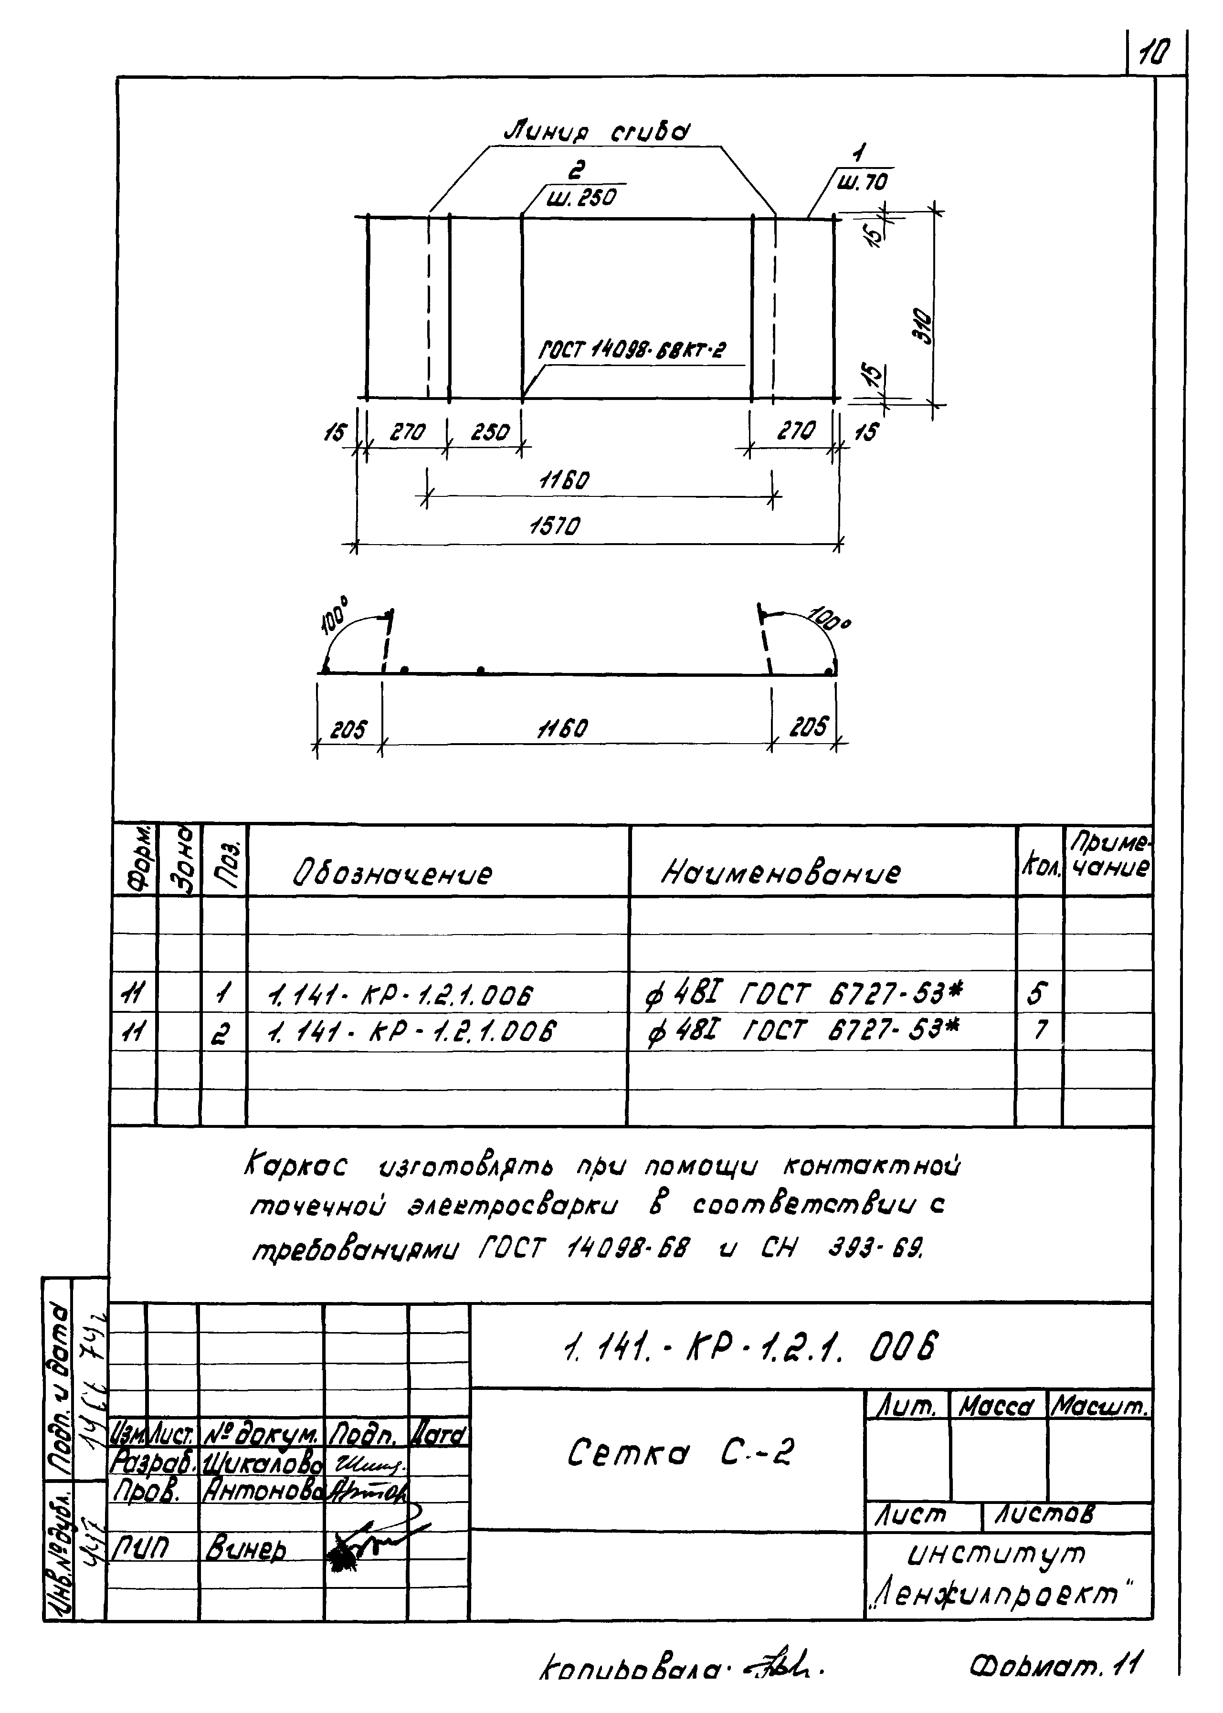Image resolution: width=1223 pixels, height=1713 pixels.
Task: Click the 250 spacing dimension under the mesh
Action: click(490, 432)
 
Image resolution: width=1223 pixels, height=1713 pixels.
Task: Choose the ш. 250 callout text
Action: click(580, 197)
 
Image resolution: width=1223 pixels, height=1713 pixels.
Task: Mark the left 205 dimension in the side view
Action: click(348, 729)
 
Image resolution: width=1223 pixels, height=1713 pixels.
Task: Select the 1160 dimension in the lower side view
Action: click(562, 728)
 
